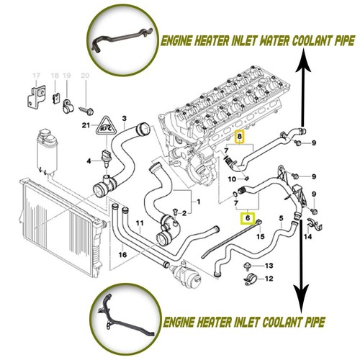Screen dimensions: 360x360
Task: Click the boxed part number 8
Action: pos(240,135)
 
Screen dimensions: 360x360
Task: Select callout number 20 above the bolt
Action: pos(86,76)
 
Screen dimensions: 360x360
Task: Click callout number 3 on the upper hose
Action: pos(125,118)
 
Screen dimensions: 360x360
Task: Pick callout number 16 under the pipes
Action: pos(124,255)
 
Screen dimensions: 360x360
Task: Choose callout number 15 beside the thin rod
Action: pos(261,235)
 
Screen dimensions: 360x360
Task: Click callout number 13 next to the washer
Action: pos(268,266)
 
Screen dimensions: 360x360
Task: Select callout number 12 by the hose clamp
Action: pos(268,279)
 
